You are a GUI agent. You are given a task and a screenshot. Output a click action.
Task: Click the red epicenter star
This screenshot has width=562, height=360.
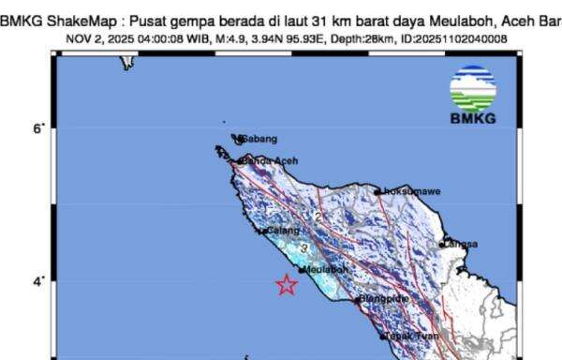[x=287, y=285]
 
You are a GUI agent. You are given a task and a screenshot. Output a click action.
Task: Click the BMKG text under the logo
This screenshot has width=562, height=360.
[x=473, y=119]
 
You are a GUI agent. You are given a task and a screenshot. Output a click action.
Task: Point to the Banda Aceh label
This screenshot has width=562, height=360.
[x=269, y=161]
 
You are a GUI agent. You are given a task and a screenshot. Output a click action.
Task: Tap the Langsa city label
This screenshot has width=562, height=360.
[x=460, y=244]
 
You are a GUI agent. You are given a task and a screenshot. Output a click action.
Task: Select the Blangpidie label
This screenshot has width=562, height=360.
[x=385, y=300]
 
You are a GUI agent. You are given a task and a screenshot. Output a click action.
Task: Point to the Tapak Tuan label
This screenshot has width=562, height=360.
[x=413, y=336]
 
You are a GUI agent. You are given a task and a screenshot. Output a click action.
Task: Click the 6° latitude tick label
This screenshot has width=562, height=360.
[x=37, y=129]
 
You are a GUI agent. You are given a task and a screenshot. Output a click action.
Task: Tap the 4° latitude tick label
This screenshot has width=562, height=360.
[x=37, y=282]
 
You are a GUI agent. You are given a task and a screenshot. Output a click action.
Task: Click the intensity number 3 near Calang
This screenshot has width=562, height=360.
[x=303, y=247]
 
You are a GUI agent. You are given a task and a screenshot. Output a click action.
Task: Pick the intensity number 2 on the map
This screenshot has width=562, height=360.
[x=318, y=217]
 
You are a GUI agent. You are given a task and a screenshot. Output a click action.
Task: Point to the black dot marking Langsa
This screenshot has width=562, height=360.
[x=442, y=245]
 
